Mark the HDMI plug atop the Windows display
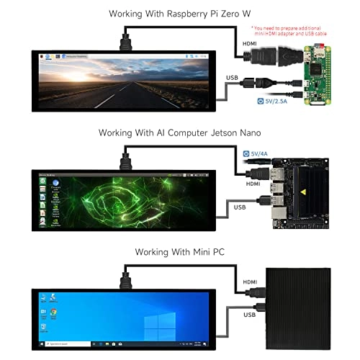coord(127,278)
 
